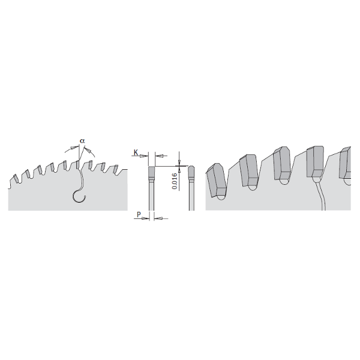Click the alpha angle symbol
(83, 141)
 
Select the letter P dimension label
(139, 214)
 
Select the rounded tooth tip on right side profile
(191, 172)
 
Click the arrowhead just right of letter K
(145, 158)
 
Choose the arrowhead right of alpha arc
(89, 152)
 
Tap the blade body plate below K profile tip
(152, 195)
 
